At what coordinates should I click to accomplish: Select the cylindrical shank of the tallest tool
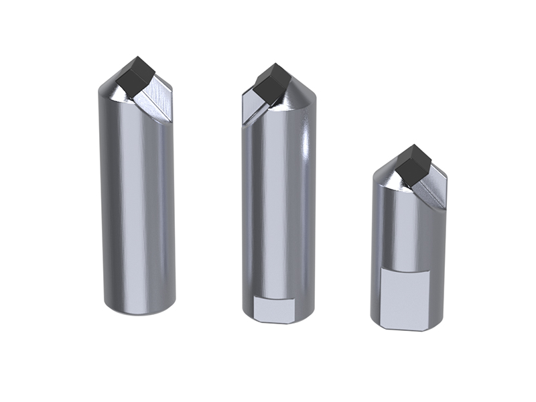137,201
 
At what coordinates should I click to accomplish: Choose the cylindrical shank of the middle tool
278,201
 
